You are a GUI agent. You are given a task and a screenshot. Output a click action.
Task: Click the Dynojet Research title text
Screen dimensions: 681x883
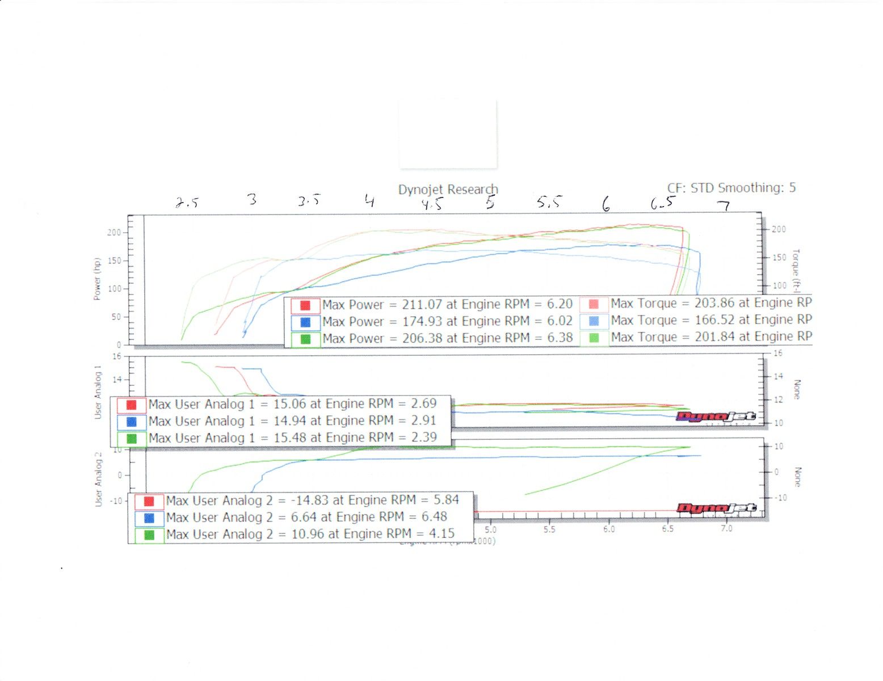tap(448, 190)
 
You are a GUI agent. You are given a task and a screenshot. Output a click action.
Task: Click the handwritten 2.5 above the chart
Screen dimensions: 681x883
tap(187, 203)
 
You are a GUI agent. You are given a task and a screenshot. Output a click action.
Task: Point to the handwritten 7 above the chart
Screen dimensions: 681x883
tap(724, 205)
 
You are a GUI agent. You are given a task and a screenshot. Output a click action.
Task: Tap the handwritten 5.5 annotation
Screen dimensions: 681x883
tap(549, 202)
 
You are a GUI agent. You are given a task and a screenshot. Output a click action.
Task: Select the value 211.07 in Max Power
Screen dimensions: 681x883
tap(422, 305)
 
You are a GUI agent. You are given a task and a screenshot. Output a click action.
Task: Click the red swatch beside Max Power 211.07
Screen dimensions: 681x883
tap(305, 305)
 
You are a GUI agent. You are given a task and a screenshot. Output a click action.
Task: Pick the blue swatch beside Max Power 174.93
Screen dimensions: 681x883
tap(305, 322)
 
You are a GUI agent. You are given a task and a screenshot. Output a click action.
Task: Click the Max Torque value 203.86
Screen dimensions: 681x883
tap(714, 303)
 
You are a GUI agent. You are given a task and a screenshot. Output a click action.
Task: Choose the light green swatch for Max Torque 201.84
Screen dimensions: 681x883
tap(594, 338)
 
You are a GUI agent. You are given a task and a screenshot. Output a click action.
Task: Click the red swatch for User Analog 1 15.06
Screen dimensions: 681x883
tap(131, 405)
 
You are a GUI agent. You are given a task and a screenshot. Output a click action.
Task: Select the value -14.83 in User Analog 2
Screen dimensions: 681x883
tap(310, 501)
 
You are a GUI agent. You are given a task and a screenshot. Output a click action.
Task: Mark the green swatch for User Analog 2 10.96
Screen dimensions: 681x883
tap(149, 535)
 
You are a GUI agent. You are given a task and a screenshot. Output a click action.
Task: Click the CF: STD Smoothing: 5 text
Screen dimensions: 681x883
tap(731, 188)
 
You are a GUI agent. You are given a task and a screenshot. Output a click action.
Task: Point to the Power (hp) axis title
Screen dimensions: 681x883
tap(96, 279)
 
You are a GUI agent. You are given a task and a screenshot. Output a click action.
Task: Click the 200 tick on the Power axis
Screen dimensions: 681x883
tap(114, 233)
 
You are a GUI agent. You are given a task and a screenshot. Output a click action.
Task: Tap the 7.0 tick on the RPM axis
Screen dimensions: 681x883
tap(726, 529)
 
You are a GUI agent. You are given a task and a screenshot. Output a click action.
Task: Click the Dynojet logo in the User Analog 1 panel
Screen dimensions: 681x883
tap(716, 417)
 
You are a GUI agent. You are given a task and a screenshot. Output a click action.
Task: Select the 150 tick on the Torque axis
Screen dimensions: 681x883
tap(779, 258)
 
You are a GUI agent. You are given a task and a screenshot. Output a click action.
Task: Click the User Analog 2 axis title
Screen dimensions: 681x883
tap(99, 479)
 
